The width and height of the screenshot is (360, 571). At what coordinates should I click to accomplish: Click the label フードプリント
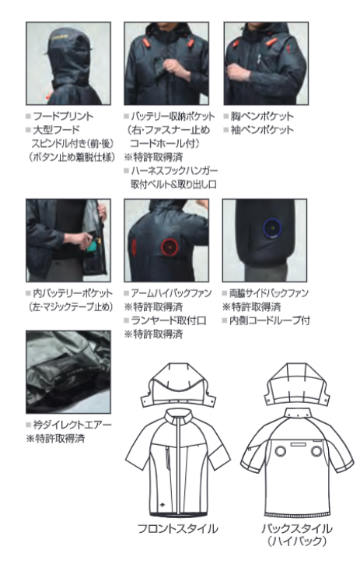coord(63,117)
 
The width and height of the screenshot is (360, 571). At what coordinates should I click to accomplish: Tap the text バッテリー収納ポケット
coord(173,117)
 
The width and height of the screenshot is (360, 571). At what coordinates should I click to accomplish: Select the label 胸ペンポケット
coord(262,117)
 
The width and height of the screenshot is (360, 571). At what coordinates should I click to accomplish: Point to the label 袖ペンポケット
coord(262,130)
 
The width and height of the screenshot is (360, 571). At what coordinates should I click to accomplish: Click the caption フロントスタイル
coord(177,528)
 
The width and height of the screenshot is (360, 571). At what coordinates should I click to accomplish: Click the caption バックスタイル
coord(297,528)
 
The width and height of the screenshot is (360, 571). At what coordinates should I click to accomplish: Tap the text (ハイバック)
coord(297,541)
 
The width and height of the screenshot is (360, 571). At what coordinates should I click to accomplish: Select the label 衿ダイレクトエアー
coord(72,425)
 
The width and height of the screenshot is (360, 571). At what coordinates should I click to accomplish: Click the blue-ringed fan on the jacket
coord(273,228)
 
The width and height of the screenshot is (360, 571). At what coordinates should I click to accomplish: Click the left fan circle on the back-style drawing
coord(280,451)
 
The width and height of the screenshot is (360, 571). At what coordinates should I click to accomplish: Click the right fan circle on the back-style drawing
coord(316,451)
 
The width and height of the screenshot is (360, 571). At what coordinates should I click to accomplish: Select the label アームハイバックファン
coord(171,293)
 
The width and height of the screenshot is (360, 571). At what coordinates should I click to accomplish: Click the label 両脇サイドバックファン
coord(268,293)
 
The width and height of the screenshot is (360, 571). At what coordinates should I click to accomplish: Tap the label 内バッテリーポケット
coord(73,293)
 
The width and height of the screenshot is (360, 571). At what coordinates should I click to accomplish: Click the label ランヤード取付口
coord(169,321)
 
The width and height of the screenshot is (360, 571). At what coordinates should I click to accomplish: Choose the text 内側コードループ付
coord(270,321)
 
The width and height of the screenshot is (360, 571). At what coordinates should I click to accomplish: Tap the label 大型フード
coord(56,130)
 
